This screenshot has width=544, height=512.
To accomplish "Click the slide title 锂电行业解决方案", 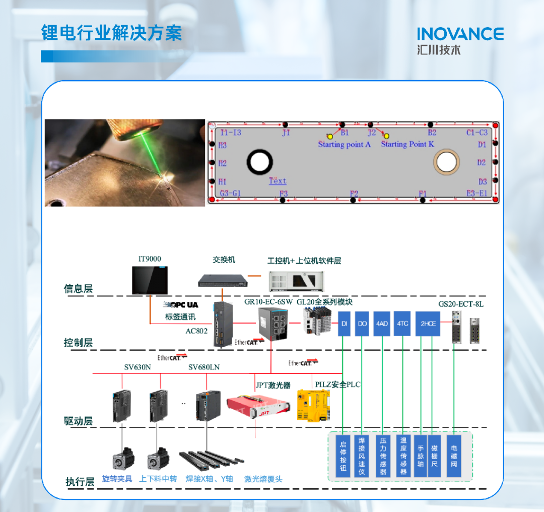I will click(x=111, y=33).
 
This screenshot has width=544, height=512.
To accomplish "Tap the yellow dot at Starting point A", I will click(x=330, y=136).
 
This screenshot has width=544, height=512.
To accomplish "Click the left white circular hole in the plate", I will click(x=260, y=162).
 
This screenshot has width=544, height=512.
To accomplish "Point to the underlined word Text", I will click(x=277, y=181).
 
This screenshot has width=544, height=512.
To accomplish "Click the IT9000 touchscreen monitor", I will click(x=150, y=280).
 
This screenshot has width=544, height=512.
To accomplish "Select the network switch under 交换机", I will click(x=223, y=279).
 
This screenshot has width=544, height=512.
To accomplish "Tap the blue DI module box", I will click(x=345, y=324).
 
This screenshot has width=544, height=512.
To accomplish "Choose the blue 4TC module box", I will click(x=402, y=324).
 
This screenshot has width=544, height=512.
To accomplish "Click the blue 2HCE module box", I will click(x=428, y=324).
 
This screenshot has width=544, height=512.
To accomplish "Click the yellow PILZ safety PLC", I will click(x=313, y=405).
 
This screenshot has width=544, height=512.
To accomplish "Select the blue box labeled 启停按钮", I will click(x=343, y=456).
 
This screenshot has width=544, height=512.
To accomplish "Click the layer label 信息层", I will click(x=78, y=289).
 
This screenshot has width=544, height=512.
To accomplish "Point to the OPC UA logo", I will click(x=181, y=305).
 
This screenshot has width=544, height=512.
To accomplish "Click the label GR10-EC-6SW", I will click(x=268, y=302).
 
